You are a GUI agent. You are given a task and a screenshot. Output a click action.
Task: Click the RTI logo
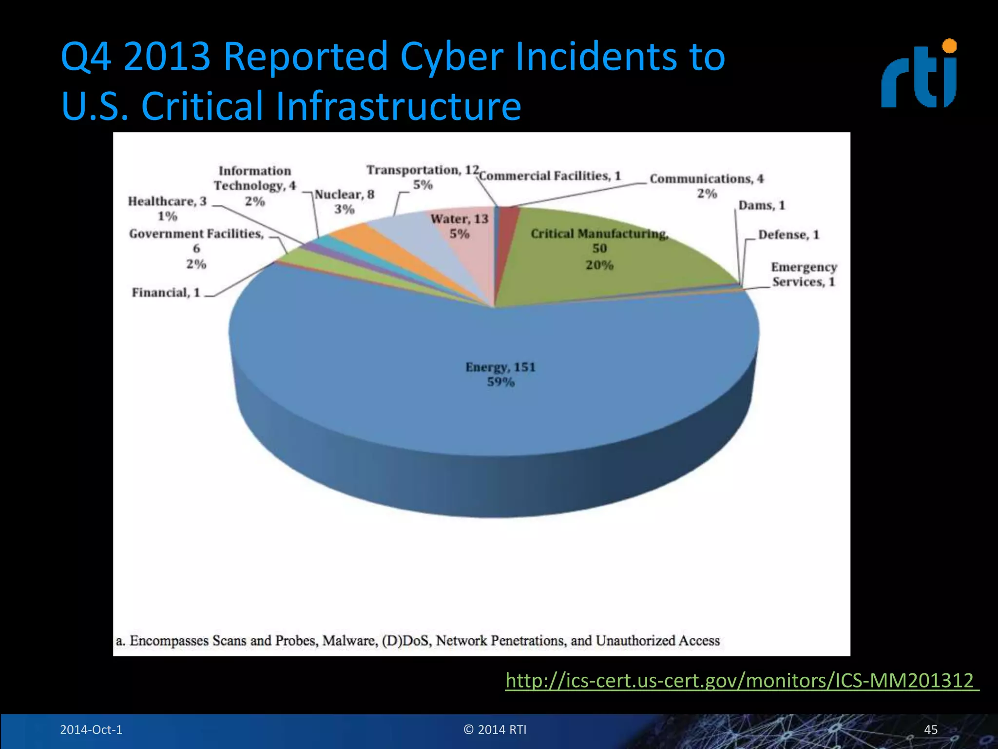point(919,75)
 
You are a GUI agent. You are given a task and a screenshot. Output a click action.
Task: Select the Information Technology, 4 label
point(255,185)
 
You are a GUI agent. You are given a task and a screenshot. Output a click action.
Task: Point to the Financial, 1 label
point(166,293)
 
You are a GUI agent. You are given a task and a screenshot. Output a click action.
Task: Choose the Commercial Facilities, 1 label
point(550,176)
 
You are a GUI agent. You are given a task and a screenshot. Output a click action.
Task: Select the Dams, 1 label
point(762,205)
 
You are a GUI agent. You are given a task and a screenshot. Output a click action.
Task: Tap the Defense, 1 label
point(788,235)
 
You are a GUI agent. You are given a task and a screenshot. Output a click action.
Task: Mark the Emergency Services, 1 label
point(804,274)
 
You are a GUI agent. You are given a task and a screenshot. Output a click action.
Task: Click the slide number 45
point(930,729)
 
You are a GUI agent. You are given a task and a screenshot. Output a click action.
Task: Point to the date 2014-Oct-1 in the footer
point(91,729)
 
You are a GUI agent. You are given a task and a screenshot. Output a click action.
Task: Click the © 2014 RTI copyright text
point(495,729)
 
